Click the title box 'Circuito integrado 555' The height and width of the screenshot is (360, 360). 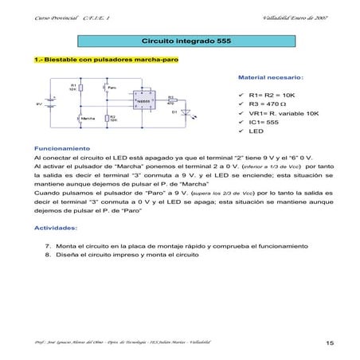click(179, 40)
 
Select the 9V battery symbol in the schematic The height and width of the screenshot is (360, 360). click(52, 103)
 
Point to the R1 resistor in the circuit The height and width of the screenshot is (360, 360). click(72, 89)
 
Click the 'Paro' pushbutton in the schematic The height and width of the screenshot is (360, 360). click(104, 88)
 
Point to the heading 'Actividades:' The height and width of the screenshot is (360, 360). click(55, 228)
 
